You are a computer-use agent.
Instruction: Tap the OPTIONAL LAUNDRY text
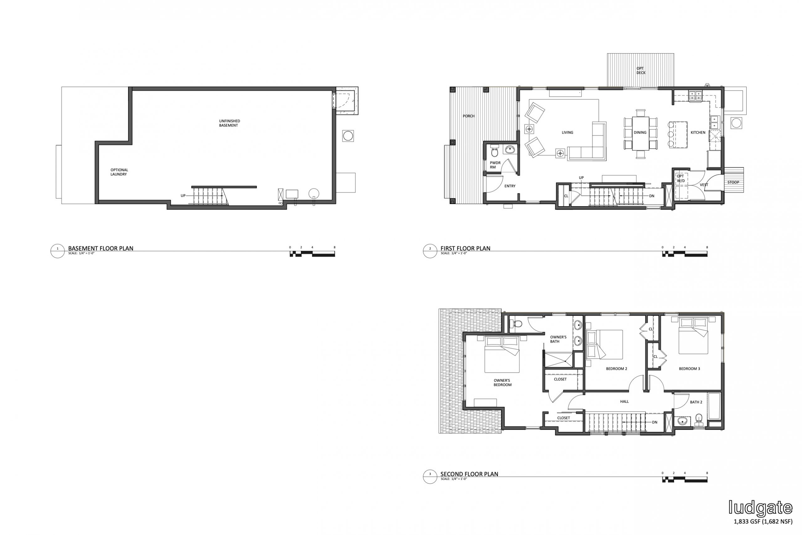(x=119, y=172)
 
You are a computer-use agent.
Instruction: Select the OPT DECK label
(x=641, y=70)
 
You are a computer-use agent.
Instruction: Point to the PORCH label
(x=469, y=116)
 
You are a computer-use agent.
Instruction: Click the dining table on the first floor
(x=640, y=134)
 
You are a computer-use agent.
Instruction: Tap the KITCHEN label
(x=698, y=132)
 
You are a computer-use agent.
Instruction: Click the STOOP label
(x=733, y=182)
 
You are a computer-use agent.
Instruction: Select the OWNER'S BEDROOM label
(x=502, y=382)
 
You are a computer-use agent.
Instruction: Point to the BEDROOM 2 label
(x=617, y=369)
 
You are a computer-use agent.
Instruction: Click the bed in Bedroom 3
(x=693, y=335)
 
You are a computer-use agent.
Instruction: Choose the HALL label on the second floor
(x=624, y=401)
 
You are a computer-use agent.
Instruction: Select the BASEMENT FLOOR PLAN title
(x=101, y=249)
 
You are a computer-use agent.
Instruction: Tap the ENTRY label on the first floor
(x=510, y=186)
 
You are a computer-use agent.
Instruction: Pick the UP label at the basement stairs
(x=183, y=196)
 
